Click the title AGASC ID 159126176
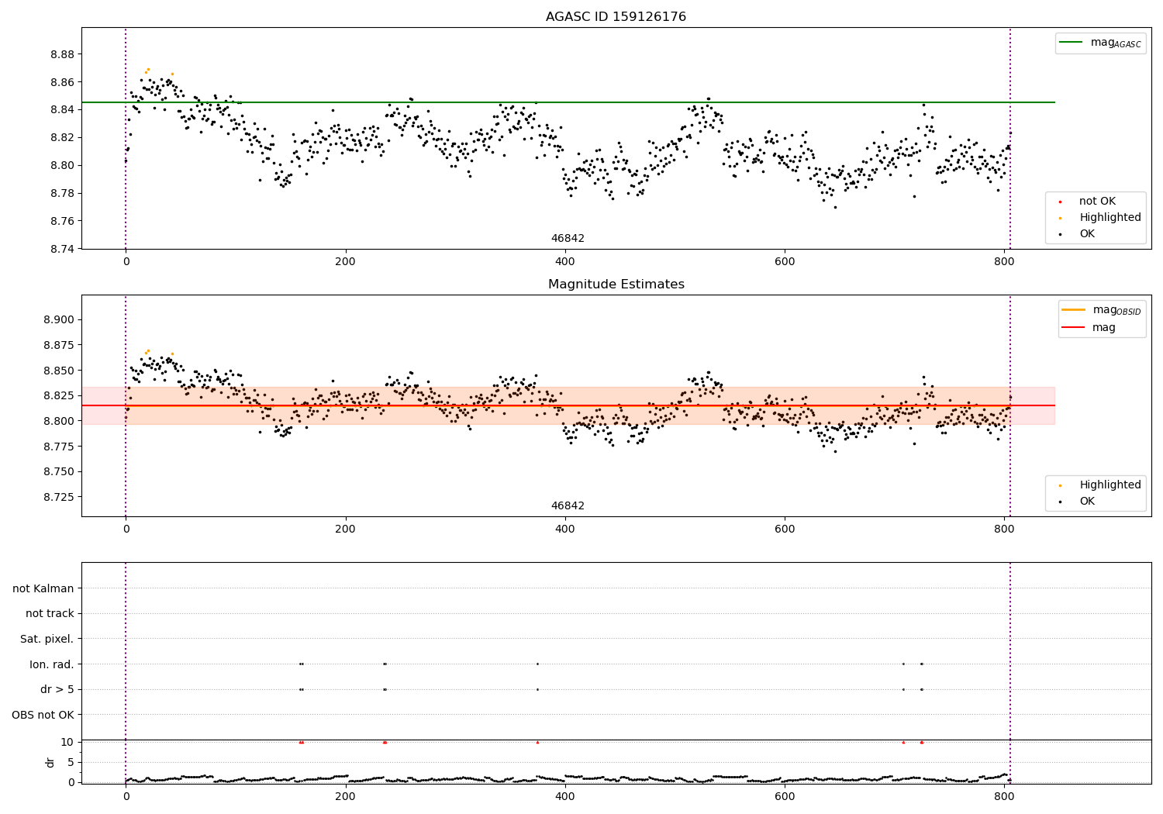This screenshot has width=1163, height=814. coord(616,17)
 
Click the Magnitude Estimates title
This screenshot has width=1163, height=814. coord(616,285)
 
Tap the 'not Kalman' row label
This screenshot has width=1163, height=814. coord(43,588)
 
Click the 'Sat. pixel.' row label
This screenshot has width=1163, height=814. coord(47,639)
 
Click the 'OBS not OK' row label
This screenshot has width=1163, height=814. coord(43,715)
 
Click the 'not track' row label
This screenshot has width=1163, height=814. coord(50,613)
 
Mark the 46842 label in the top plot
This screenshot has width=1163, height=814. coord(568,239)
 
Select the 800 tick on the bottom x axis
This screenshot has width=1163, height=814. coord(1004,795)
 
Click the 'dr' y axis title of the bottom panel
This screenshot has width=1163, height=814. coord(50,762)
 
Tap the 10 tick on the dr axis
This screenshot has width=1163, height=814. coord(67,742)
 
